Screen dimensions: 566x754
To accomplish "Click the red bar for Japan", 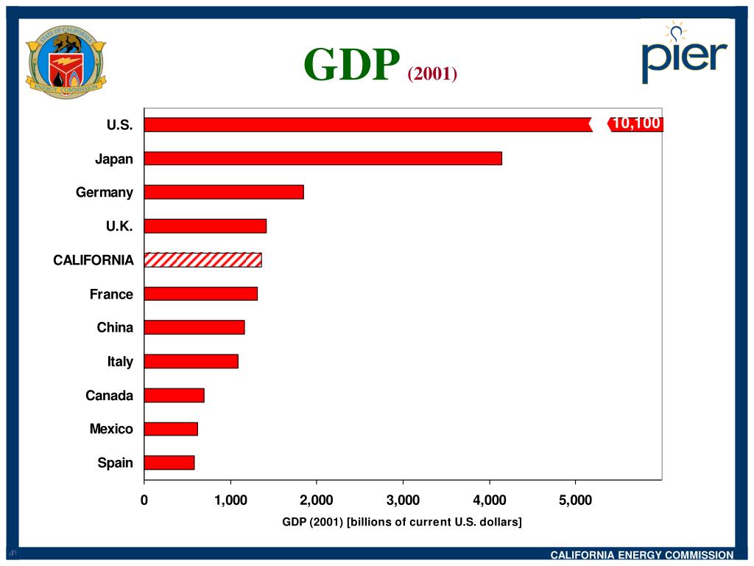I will point(323,158).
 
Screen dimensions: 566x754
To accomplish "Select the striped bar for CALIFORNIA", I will point(202,259).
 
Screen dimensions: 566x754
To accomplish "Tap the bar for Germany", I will point(224,192).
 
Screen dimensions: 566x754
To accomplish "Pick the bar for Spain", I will point(169,463).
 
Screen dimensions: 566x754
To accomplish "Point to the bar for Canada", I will point(174,395).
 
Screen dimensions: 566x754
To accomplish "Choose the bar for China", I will point(194,327).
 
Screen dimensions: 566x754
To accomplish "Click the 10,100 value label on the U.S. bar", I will point(636,124).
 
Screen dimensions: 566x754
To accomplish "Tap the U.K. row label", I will point(119,226).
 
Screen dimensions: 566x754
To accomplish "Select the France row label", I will point(111,294).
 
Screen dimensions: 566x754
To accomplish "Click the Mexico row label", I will point(111,429).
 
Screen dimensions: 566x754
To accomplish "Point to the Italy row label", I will point(120,361).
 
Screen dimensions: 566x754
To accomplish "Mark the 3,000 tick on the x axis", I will point(403,501).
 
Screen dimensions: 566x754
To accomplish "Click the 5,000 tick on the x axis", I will point(575,501).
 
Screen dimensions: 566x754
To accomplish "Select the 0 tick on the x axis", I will point(144,501).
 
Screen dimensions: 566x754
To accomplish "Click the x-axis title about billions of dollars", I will point(402,522).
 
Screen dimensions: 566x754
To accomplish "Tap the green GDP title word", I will point(352,65).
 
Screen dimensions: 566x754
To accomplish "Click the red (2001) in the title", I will point(432,74).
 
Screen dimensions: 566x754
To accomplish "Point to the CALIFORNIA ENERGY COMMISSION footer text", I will point(642,555).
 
